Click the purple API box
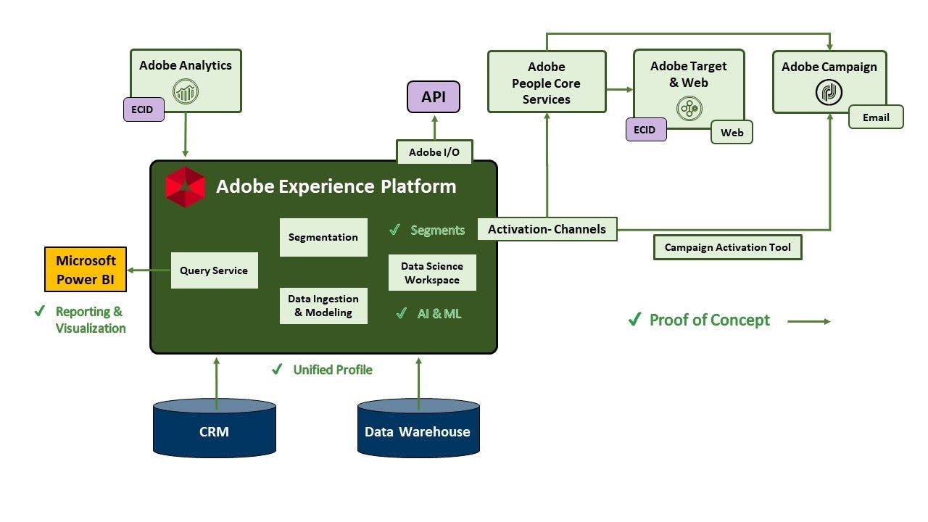[434, 96]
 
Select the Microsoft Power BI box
[86, 269]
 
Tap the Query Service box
[214, 270]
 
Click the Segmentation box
[323, 237]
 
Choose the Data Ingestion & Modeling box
[323, 305]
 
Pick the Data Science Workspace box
[432, 273]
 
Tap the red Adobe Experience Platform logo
[185, 187]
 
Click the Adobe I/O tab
[434, 152]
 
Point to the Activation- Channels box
[547, 229]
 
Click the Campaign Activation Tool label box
[728, 247]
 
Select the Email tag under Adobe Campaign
[876, 117]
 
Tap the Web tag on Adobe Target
[732, 133]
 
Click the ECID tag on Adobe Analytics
[142, 110]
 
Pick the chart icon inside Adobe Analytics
[186, 92]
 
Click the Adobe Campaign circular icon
[829, 93]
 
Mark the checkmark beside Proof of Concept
[634, 320]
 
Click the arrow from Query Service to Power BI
[149, 270]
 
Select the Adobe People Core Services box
[547, 82]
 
